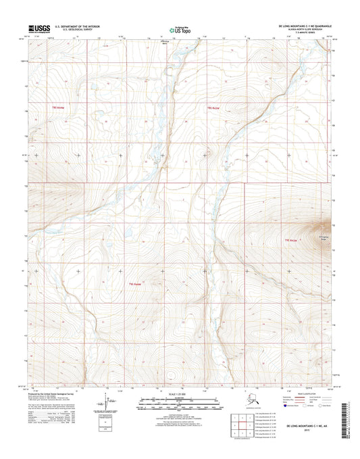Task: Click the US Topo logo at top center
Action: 180,29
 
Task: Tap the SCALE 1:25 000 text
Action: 180,394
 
